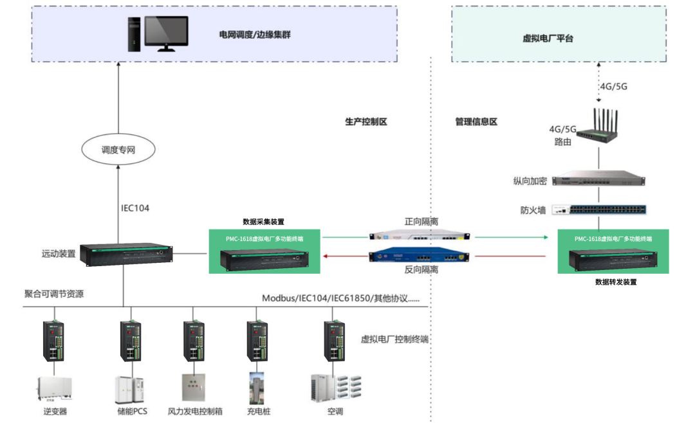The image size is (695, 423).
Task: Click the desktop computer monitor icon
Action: point(165,33)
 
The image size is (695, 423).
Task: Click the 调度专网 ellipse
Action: point(119,150)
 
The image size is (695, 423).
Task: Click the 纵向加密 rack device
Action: point(599,179)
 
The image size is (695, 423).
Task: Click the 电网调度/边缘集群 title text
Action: point(255,34)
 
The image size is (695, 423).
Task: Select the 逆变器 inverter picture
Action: point(55,389)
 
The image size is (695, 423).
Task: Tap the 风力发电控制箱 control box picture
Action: point(194,388)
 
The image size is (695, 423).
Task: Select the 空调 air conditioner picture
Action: point(335,388)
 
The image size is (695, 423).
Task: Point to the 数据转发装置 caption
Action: point(616,282)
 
